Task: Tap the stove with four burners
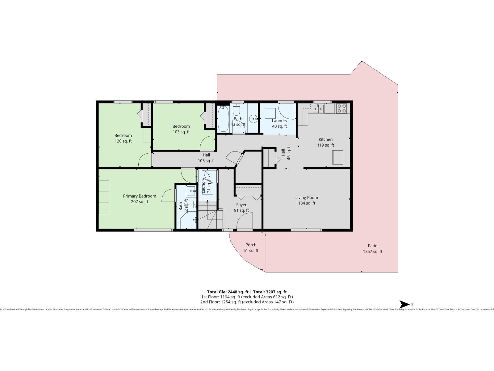click(x=341, y=108)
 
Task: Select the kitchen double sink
click(x=318, y=108)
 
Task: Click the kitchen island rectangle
click(x=338, y=157)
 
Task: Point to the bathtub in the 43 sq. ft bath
click(x=223, y=119)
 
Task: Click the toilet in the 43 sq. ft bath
click(x=237, y=109)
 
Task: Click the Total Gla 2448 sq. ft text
click(x=228, y=292)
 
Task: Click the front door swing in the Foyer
click(x=245, y=221)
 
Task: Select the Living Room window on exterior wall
click(x=306, y=230)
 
